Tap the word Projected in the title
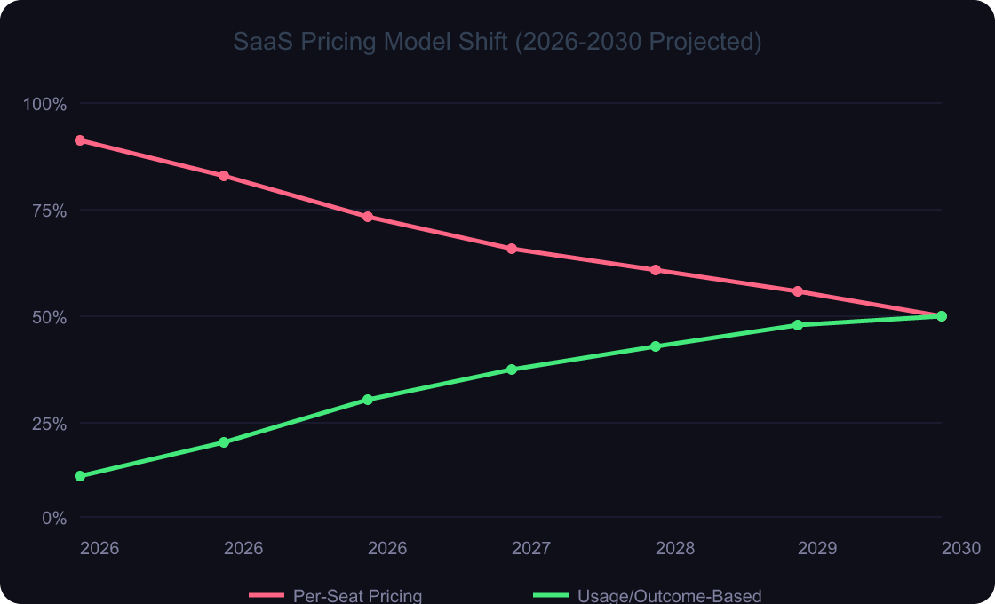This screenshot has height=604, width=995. click(x=702, y=42)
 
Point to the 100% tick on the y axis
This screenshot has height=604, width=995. click(x=44, y=104)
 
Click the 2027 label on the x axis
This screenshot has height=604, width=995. click(x=531, y=548)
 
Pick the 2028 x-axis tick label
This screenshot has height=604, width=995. click(x=675, y=548)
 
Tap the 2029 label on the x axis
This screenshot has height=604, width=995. click(x=817, y=548)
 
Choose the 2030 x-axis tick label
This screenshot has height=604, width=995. click(x=961, y=548)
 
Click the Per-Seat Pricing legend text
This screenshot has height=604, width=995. click(x=357, y=596)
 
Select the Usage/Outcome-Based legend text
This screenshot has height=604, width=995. click(x=670, y=596)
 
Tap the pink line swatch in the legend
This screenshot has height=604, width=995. click(x=266, y=595)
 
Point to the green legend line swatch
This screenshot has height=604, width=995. click(x=550, y=595)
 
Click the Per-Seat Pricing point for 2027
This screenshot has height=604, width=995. click(x=512, y=249)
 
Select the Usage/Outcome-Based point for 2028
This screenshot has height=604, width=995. click(x=656, y=346)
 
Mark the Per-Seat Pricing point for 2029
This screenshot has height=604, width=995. click(x=798, y=291)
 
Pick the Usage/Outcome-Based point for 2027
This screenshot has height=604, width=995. click(x=512, y=370)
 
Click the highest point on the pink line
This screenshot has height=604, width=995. click(x=80, y=140)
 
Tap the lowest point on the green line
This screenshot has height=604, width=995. click(x=80, y=476)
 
